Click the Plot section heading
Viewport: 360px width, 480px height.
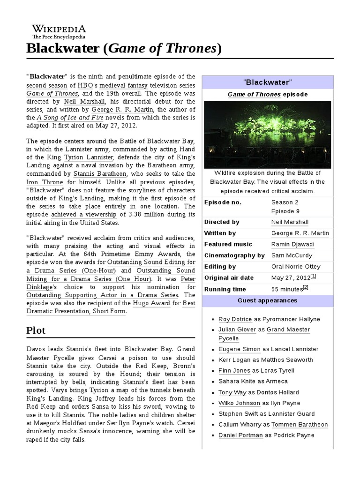35,330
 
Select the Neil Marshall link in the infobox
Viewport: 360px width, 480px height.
290,222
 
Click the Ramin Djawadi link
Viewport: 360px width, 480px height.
292,244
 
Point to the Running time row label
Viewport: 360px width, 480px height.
225,289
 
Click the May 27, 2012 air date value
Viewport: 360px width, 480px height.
291,277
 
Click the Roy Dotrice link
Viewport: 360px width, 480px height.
235,319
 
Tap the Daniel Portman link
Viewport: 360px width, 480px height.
240,435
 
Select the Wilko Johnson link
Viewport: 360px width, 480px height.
239,403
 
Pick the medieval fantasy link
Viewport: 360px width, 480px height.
123,86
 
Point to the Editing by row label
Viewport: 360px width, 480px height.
220,267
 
